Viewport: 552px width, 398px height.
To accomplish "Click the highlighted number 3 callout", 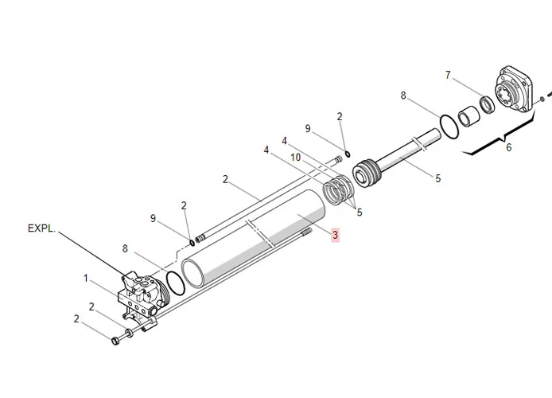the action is [335, 235].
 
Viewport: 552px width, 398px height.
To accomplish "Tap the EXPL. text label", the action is [41, 228].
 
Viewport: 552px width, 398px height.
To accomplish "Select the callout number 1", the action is [86, 279].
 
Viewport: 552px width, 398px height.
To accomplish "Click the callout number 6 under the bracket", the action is [508, 147].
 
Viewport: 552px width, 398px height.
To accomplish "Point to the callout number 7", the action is [448, 75].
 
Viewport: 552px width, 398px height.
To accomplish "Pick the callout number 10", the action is [296, 157].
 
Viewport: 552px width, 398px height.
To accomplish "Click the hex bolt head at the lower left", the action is [115, 341].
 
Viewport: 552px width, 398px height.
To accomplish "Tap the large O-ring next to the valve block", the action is [175, 283].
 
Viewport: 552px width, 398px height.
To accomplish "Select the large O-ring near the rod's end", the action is [449, 126].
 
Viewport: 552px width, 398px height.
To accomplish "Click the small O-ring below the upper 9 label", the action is [348, 154].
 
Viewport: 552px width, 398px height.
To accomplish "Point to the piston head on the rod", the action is [366, 174].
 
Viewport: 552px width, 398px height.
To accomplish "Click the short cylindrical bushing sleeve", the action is [469, 116].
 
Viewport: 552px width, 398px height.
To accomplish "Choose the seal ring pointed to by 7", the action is [488, 104].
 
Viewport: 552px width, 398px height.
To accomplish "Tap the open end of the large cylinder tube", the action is [192, 273].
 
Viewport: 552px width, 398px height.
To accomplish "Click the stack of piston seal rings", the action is [337, 189].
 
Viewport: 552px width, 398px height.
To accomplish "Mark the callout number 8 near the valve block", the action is [125, 248].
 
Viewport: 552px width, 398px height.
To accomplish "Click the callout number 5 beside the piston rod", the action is [438, 178].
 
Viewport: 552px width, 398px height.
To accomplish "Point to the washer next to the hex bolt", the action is [129, 333].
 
